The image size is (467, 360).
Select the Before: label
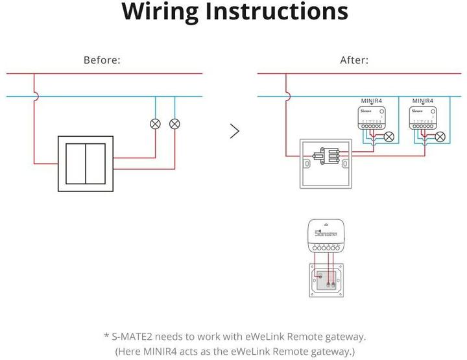[x=102, y=60]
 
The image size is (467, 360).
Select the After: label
[x=354, y=60]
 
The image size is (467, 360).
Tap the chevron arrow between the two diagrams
[x=235, y=131]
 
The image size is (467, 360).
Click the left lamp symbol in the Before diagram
[x=155, y=123]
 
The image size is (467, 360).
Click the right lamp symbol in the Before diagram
[x=174, y=123]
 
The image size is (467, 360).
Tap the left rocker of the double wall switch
[x=77, y=164]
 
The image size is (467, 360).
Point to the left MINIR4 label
[x=373, y=101]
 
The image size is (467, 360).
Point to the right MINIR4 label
[x=423, y=101]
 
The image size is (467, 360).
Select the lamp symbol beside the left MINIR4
[x=389, y=136]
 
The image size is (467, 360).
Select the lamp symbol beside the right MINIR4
[x=440, y=136]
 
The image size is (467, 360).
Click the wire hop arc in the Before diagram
[x=34, y=97]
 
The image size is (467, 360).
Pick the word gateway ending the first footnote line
[x=342, y=336]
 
